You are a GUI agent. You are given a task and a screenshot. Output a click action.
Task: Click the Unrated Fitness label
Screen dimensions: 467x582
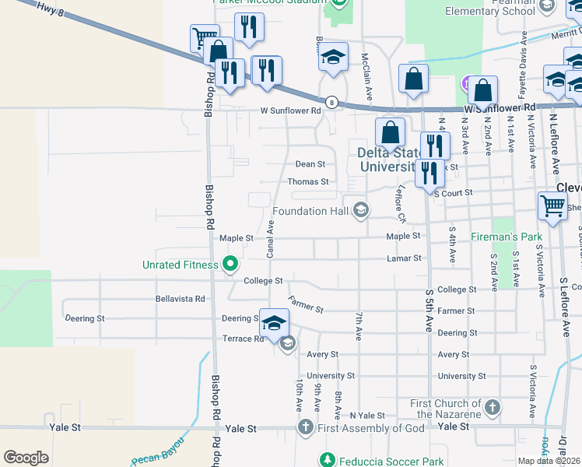tap(181, 265)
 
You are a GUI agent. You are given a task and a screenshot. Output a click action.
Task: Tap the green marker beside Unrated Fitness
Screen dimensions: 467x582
tap(230, 265)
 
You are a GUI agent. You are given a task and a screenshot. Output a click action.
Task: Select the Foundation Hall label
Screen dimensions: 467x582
tap(310, 211)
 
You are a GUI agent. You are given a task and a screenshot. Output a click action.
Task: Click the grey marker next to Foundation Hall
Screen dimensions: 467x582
tap(360, 209)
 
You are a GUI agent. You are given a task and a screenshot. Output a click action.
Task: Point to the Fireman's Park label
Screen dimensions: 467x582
tap(506, 235)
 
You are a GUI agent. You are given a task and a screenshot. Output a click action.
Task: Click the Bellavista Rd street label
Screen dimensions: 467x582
tap(180, 298)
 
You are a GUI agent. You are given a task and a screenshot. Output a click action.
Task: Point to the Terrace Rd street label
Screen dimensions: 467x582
tap(243, 339)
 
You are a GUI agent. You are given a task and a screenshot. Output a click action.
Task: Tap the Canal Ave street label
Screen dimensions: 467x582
tap(271, 239)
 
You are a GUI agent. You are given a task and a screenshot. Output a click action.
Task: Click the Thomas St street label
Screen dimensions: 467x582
tap(308, 181)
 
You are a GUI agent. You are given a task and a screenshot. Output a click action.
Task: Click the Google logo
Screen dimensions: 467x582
tap(26, 457)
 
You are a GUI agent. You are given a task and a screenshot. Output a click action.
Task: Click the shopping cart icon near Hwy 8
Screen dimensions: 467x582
tap(203, 37)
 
